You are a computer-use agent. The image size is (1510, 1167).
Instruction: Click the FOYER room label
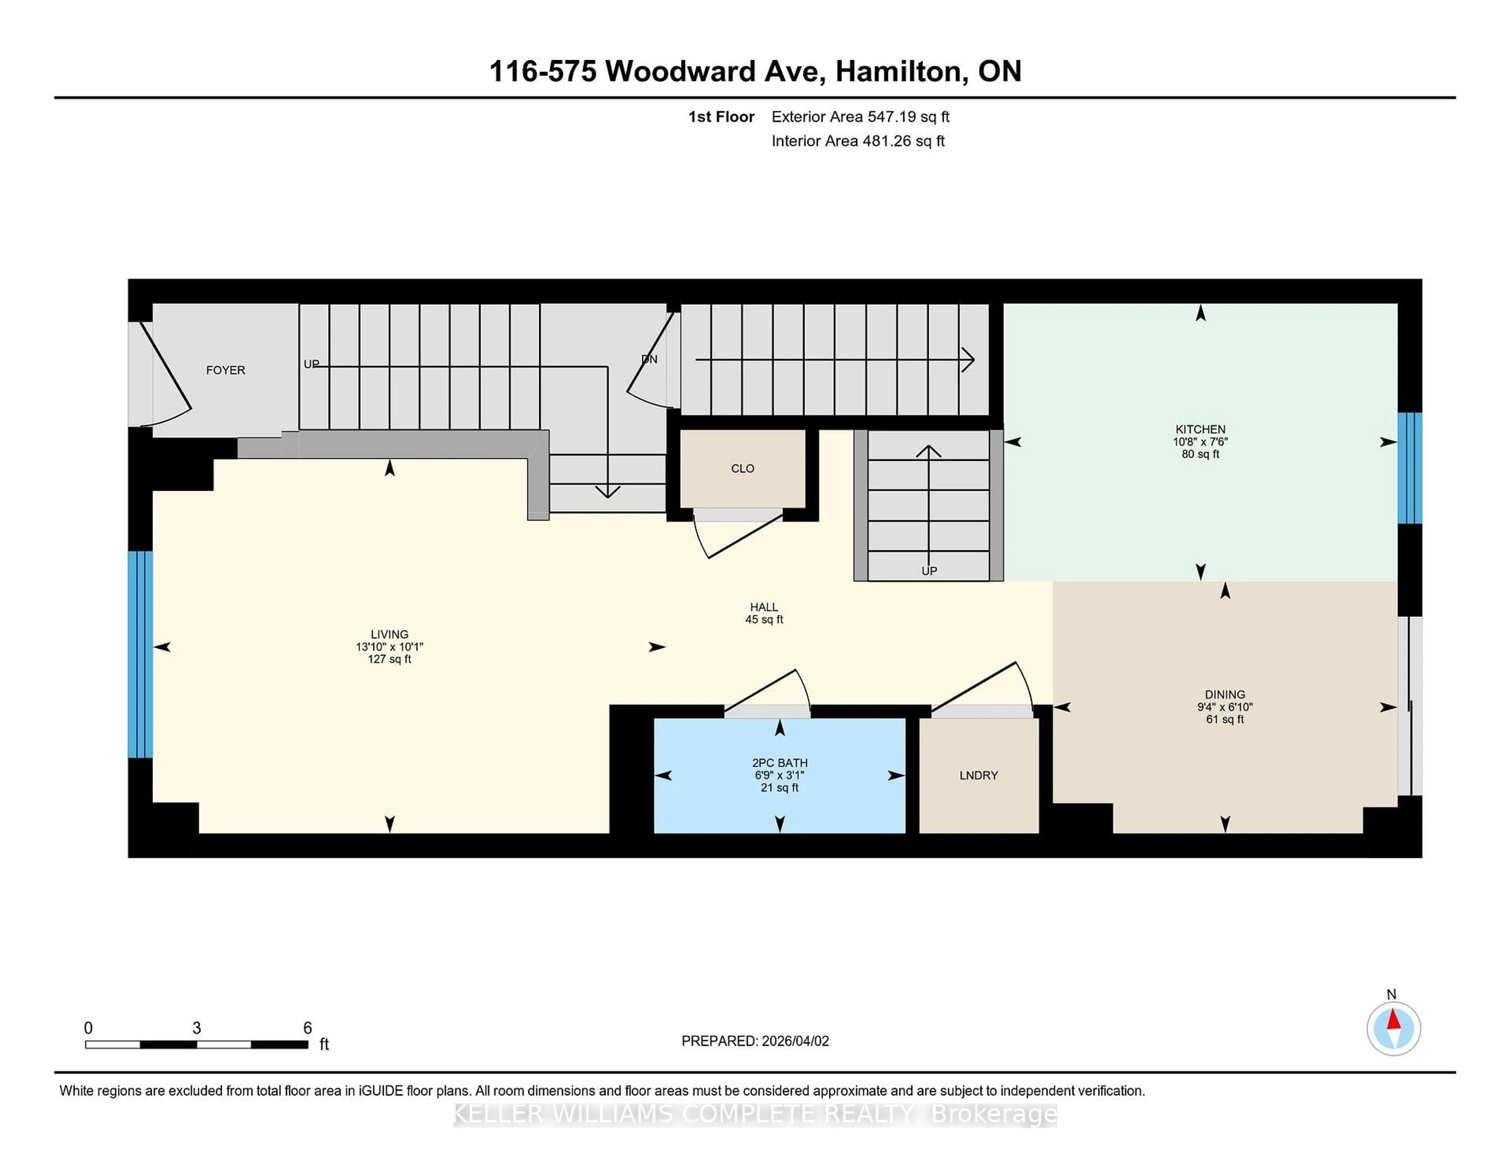[x=225, y=370]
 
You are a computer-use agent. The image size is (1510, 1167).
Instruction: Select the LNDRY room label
[x=978, y=775]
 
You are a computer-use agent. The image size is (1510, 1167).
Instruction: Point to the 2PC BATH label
[x=779, y=762]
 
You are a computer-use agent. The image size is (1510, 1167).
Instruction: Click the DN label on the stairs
[x=649, y=359]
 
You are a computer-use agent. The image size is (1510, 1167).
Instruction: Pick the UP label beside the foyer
[x=311, y=364]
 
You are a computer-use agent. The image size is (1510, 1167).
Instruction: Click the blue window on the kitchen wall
[x=1409, y=468]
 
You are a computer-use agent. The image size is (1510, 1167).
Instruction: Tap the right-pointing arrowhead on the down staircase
[x=969, y=359]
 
